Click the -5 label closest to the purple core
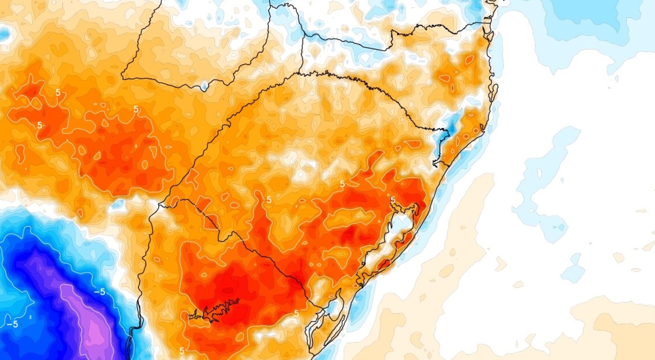coord(99,292)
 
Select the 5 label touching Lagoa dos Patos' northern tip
coord(393,200)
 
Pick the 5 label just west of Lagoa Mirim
coord(296,313)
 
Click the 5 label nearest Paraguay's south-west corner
coord(136,109)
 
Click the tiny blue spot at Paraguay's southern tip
coord(203,86)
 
